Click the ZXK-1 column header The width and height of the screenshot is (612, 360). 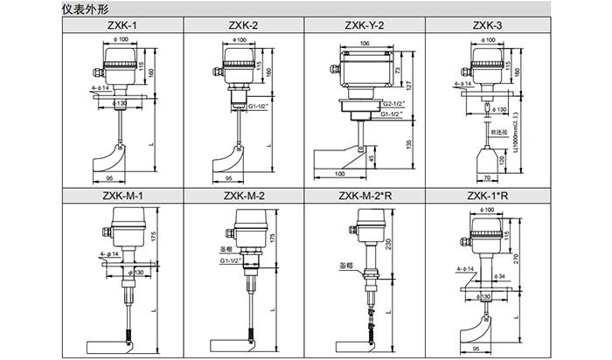click(122, 25)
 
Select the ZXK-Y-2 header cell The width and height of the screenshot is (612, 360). click(365, 25)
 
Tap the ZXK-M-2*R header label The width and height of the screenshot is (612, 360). click(365, 195)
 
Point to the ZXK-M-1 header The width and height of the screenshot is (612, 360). click(122, 195)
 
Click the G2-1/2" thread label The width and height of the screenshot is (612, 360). click(393, 104)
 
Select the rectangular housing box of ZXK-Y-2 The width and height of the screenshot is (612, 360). click(365, 71)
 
